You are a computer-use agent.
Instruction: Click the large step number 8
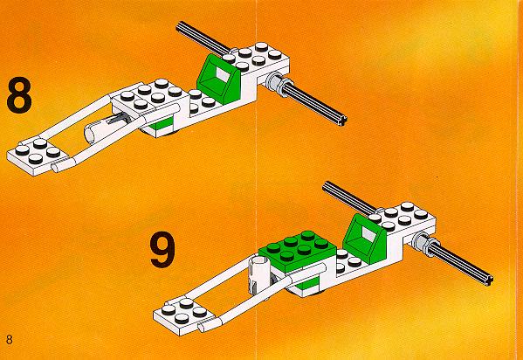(x=19, y=95)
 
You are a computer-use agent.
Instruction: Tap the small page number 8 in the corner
(x=9, y=340)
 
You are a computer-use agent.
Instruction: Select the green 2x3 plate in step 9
(x=298, y=251)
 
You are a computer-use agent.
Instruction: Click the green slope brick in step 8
(x=219, y=79)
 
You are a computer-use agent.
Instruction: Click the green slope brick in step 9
(x=365, y=238)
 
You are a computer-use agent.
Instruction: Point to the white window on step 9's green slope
(x=368, y=233)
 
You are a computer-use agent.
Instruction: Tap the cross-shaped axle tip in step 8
(x=342, y=120)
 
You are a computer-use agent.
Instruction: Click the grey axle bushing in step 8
(x=278, y=84)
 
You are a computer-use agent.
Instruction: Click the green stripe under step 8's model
(x=161, y=123)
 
